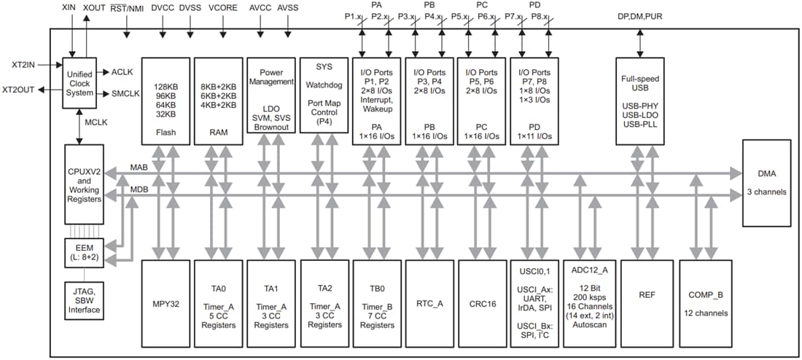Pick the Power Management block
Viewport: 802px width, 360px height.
click(271, 95)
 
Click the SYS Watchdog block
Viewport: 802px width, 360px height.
click(324, 95)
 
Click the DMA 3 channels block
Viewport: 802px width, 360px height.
click(766, 182)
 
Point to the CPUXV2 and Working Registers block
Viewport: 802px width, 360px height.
click(85, 184)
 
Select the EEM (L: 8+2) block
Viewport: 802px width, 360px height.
click(84, 252)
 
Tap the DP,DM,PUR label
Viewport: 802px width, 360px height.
click(640, 15)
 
